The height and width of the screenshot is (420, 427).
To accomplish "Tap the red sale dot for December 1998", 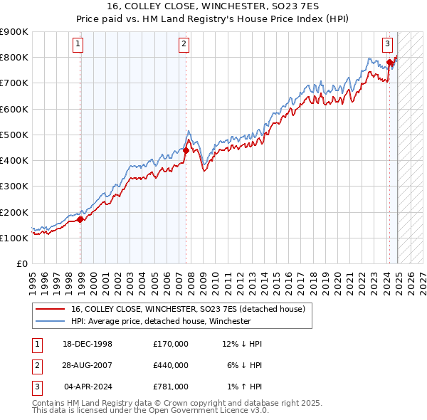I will click(x=80, y=219).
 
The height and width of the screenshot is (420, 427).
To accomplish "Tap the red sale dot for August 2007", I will click(x=186, y=150).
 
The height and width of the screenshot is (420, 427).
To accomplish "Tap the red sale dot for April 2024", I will click(x=390, y=62).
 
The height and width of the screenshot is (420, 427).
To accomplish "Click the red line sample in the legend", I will click(x=49, y=309).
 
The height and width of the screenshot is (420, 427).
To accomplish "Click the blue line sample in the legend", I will click(x=49, y=321).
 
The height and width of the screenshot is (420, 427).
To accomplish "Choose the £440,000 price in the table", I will click(x=170, y=365).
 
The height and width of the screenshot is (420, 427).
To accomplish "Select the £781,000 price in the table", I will click(x=170, y=387).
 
